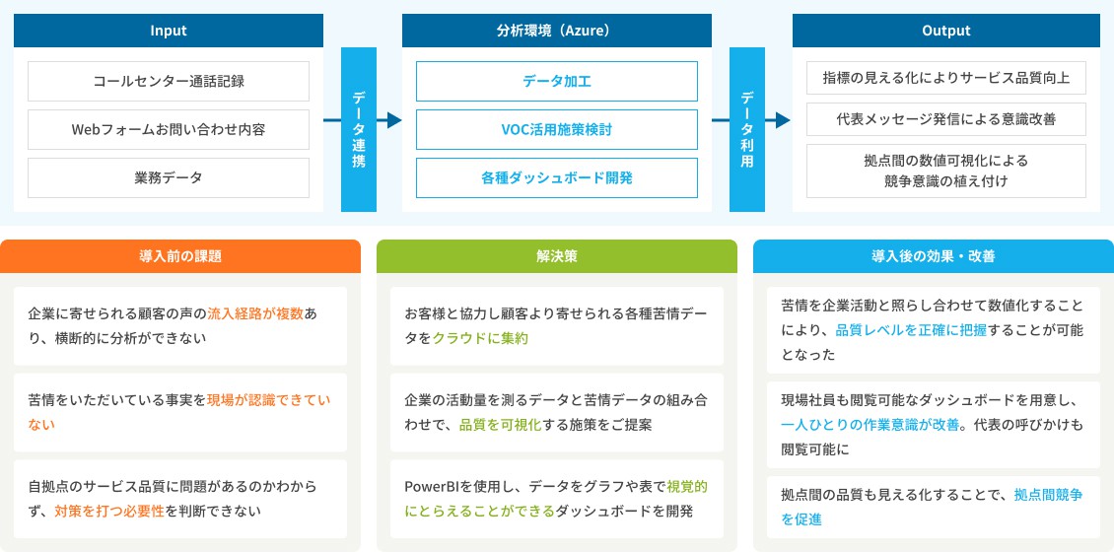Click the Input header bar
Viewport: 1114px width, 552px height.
(x=169, y=31)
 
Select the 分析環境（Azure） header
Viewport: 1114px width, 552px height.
(x=556, y=31)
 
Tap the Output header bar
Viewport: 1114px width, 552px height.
(x=946, y=31)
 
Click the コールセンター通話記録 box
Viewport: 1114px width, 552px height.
(x=169, y=81)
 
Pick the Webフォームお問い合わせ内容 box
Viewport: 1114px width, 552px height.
(x=169, y=129)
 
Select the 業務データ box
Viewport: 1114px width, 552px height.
(x=169, y=177)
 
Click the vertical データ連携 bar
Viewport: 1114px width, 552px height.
(x=359, y=129)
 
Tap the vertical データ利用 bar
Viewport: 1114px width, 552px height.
(x=746, y=129)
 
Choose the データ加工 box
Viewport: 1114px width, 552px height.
(x=556, y=81)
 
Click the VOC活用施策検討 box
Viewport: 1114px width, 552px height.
(x=556, y=129)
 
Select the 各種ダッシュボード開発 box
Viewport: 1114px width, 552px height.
(x=556, y=177)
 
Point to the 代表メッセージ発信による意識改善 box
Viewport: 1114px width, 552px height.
(x=946, y=119)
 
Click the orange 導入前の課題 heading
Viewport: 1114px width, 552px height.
(x=180, y=256)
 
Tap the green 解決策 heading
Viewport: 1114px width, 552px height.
(x=556, y=256)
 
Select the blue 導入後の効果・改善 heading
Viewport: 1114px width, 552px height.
(x=933, y=256)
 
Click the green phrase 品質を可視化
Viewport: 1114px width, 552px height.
(x=501, y=425)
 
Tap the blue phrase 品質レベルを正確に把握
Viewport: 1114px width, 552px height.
(x=911, y=330)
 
